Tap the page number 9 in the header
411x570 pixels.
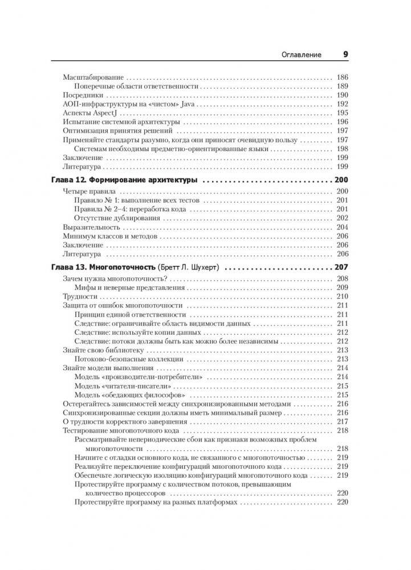(345, 54)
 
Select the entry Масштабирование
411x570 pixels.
(93, 77)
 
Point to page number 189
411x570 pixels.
(342, 87)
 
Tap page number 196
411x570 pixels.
(342, 122)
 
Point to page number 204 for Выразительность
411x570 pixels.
(342, 227)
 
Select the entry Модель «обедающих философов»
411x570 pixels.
(132, 395)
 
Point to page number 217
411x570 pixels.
(342, 422)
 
